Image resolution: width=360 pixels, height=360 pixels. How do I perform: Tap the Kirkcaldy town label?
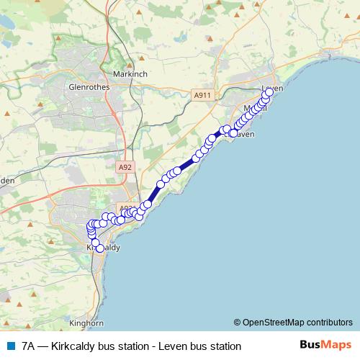tap(103, 247)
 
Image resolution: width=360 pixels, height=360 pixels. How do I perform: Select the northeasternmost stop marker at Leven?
tap(269, 92)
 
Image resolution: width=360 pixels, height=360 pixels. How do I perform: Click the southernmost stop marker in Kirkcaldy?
tap(100, 248)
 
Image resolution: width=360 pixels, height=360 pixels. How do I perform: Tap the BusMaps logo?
tap(325, 346)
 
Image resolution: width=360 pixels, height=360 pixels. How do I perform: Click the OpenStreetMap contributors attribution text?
tap(297, 322)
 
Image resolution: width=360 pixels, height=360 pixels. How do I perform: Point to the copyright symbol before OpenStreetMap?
tap(238, 322)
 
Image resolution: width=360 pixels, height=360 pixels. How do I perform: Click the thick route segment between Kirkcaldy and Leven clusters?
tap(186, 165)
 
